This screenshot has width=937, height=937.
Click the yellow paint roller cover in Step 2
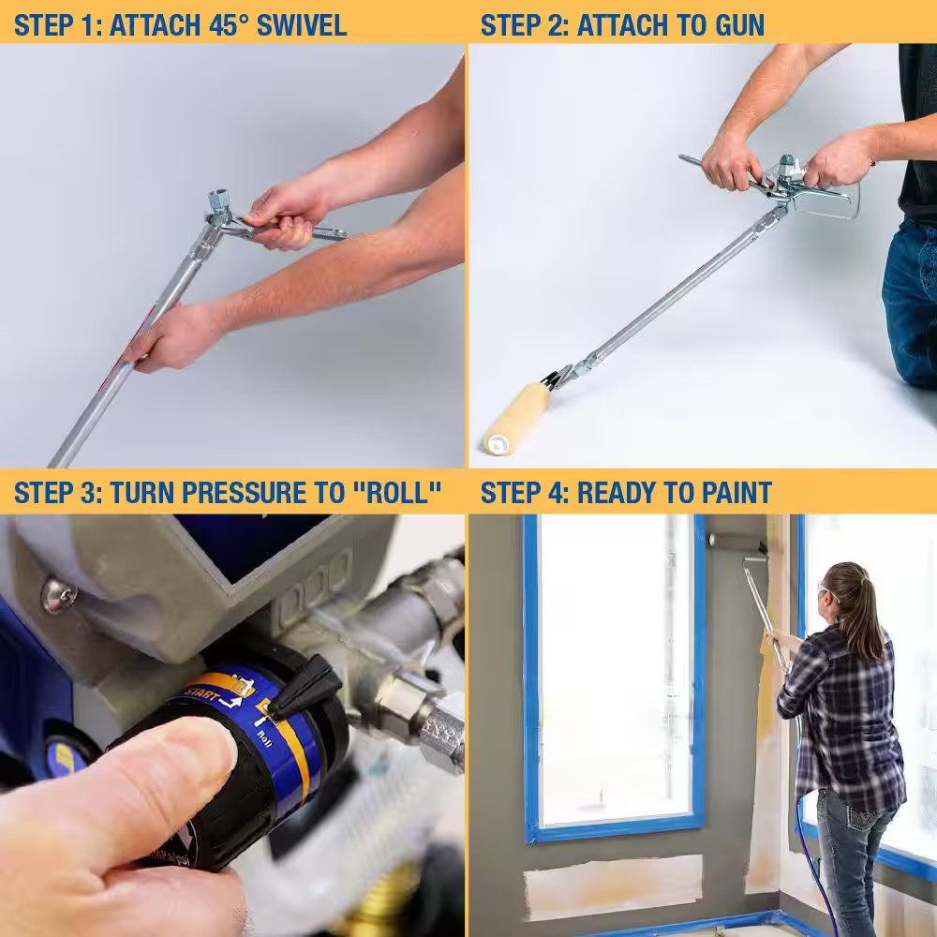(x=516, y=417)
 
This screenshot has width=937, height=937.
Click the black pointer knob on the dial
(x=305, y=684)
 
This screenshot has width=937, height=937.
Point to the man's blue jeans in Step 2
(x=909, y=300)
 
